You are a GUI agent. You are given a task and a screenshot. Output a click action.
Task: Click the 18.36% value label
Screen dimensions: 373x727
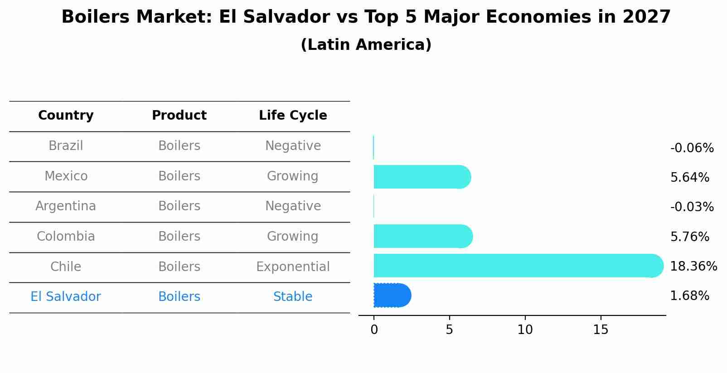point(693,266)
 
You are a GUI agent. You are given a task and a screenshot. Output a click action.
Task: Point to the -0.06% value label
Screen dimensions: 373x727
point(692,148)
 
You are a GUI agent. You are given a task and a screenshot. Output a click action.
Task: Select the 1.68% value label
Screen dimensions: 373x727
point(689,296)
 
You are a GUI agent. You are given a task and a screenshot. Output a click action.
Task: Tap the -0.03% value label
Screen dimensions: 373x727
point(692,207)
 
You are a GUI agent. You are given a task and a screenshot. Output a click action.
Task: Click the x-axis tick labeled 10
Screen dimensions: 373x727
point(525,330)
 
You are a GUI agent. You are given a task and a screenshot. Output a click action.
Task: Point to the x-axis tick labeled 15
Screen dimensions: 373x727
point(601,330)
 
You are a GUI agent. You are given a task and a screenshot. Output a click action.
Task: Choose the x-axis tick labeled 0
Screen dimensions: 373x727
point(374,330)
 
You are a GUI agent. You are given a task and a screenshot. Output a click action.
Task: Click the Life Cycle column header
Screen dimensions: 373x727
point(293,116)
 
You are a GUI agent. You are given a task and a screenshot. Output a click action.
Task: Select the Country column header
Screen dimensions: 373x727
point(66,116)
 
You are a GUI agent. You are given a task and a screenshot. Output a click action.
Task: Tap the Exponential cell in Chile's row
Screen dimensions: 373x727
point(293,267)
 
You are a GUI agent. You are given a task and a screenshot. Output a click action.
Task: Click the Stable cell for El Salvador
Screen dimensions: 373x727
point(293,297)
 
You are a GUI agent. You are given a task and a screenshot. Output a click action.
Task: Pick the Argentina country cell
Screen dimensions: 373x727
point(66,206)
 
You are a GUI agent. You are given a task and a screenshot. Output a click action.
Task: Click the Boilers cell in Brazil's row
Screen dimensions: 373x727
point(179,146)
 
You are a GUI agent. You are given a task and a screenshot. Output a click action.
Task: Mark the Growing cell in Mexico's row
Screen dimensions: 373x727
point(293,176)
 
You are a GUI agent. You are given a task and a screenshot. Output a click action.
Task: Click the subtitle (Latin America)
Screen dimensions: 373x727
point(366,45)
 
